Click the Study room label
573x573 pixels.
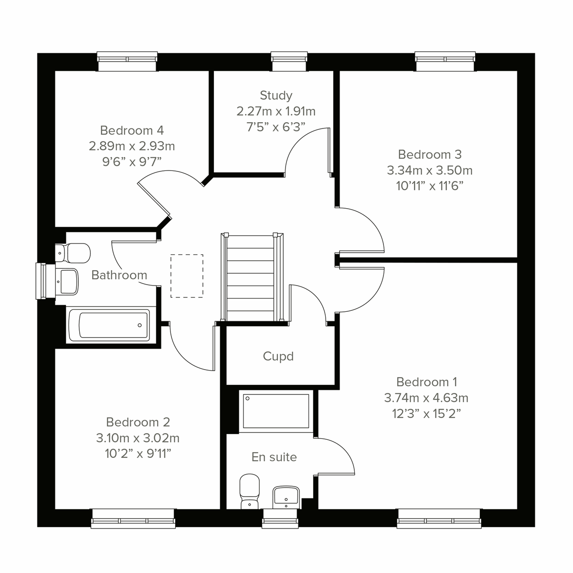276,95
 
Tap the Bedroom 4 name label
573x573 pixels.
132,130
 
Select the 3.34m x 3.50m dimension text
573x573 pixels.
430,170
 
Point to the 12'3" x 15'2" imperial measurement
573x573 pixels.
426,413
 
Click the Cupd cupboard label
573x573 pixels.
278,357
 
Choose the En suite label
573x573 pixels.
274,457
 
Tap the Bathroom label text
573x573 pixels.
119,275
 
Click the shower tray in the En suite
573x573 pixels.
276,411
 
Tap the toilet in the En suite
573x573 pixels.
249,491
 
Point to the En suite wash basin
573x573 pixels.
286,497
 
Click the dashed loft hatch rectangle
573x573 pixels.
187,276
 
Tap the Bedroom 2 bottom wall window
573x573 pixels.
133,518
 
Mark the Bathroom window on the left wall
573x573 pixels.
44,281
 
